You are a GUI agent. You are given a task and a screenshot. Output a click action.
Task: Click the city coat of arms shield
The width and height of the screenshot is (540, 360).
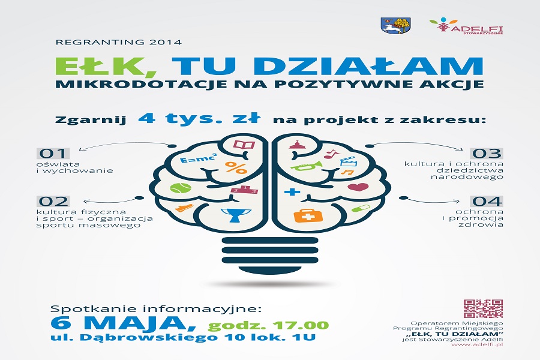pyautogui.click(x=397, y=25)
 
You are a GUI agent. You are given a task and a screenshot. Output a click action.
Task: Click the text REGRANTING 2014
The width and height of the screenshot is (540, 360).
pyautogui.click(x=118, y=43)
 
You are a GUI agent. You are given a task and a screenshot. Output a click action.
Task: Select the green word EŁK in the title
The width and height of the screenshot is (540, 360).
pyautogui.click(x=106, y=65)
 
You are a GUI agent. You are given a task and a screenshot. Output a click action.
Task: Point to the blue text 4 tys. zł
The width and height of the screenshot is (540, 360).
pyautogui.click(x=199, y=118)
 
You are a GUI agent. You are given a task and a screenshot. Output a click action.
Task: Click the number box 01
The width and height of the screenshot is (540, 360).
pyautogui.click(x=53, y=154)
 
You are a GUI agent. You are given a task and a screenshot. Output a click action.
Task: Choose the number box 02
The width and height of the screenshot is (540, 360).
pyautogui.click(x=53, y=201)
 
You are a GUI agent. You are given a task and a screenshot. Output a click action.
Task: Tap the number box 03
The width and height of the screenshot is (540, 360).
pyautogui.click(x=487, y=154)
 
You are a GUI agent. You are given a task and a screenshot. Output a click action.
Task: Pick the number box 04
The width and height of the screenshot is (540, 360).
pyautogui.click(x=487, y=201)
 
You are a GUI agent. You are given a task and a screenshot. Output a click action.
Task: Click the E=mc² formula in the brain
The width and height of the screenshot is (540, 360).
pyautogui.click(x=199, y=159)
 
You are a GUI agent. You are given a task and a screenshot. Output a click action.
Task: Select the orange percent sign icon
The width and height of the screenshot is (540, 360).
pyautogui.click(x=236, y=167)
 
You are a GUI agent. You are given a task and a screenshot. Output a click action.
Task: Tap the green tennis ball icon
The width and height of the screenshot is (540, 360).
pyautogui.click(x=181, y=188)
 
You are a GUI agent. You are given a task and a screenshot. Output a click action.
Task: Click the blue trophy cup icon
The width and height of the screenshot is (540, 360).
pyautogui.click(x=236, y=215)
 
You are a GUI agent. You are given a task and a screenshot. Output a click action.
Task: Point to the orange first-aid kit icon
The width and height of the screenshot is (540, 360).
pyautogui.click(x=308, y=215)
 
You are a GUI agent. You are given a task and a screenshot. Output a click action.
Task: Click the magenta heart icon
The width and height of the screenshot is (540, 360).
pyautogui.click(x=358, y=187)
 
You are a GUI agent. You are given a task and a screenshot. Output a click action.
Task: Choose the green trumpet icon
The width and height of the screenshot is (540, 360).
pyautogui.click(x=307, y=166)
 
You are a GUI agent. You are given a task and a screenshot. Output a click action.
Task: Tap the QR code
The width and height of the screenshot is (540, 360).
pyautogui.click(x=483, y=308)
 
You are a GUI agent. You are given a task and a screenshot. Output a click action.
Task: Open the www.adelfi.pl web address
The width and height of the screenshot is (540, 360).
pyautogui.click(x=477, y=344)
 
